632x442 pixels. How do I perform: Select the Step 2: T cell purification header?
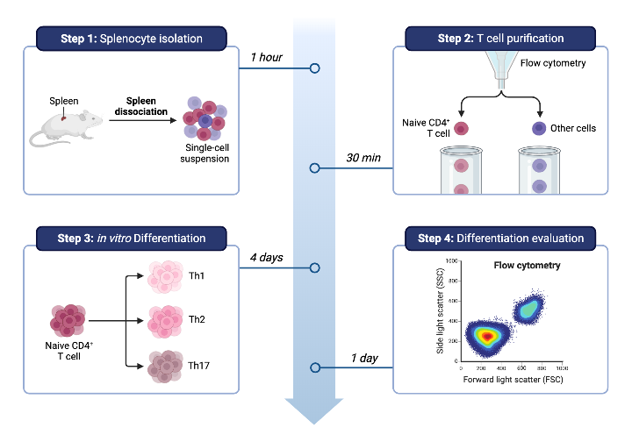tap(501, 39)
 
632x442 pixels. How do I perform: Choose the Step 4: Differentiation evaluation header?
tap(501, 239)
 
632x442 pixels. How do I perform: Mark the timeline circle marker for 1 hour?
tap(314, 68)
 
